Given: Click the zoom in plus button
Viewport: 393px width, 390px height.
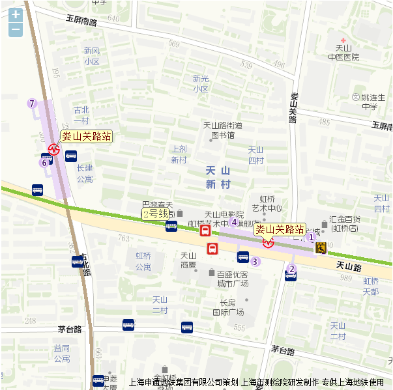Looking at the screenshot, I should pyautogui.click(x=16, y=14).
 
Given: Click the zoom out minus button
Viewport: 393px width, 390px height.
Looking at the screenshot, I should pyautogui.click(x=16, y=30).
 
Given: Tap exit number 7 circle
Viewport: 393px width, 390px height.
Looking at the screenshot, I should pyautogui.click(x=31, y=104).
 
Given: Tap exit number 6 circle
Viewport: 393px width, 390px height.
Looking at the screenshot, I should pyautogui.click(x=44, y=163).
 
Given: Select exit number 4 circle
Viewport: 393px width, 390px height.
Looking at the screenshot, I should pyautogui.click(x=234, y=222).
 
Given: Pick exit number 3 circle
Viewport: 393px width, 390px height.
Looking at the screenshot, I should pyautogui.click(x=255, y=262).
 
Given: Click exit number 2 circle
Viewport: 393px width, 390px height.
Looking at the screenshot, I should pyautogui.click(x=292, y=269).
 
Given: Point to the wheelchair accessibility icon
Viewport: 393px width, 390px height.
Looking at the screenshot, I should pyautogui.click(x=321, y=247).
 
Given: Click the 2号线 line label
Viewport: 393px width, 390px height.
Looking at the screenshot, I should pyautogui.click(x=156, y=213).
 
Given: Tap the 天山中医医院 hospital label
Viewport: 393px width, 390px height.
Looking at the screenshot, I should pyautogui.click(x=343, y=53).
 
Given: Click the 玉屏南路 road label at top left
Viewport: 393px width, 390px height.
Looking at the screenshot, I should pyautogui.click(x=81, y=21).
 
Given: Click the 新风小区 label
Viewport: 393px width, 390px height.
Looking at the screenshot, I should pyautogui.click(x=91, y=56).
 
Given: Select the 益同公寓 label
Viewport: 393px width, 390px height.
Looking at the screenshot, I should pyautogui.click(x=62, y=354).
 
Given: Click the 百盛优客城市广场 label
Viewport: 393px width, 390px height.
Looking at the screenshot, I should pyautogui.click(x=233, y=279).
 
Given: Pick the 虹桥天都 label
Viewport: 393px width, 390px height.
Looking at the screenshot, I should pyautogui.click(x=371, y=286).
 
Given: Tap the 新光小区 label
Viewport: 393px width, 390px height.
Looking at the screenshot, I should pyautogui.click(x=200, y=83).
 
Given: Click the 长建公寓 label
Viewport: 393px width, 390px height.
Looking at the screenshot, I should pyautogui.click(x=85, y=173).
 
